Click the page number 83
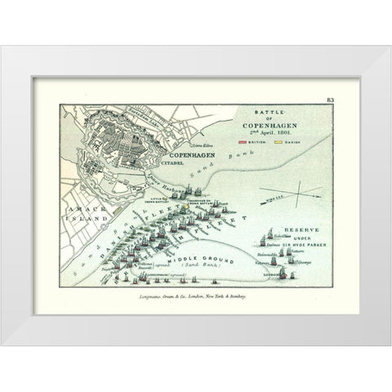[x=330, y=99]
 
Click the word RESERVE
[x=296, y=229]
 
